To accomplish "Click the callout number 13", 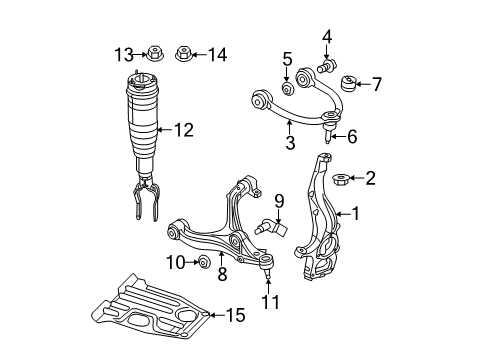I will tap(123, 53).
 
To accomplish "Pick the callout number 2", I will tap(371, 179).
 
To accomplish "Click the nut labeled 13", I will tap(157, 53).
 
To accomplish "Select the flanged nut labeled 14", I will tap(184, 53).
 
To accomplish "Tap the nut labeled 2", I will tap(340, 180).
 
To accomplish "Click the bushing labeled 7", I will tap(350, 82).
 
